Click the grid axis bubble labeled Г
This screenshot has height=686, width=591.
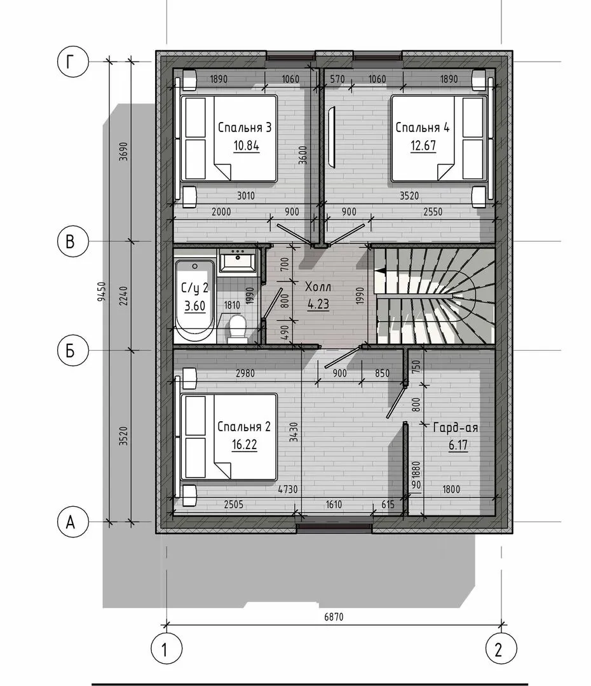click(x=72, y=62)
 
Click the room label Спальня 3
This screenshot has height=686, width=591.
click(x=245, y=127)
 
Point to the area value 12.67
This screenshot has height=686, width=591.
click(x=423, y=145)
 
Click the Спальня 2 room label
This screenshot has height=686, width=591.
click(x=244, y=426)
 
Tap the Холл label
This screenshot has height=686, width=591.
click(x=318, y=287)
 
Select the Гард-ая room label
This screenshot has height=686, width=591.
click(x=455, y=427)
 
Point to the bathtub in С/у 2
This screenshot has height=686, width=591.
click(x=195, y=302)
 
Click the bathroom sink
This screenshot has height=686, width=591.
click(x=237, y=261)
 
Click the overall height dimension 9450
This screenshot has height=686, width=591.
click(x=102, y=292)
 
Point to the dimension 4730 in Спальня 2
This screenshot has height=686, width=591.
click(x=288, y=488)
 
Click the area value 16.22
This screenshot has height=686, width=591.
click(x=244, y=445)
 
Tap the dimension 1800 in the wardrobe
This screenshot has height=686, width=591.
click(x=451, y=488)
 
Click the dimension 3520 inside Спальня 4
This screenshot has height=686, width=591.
click(x=409, y=196)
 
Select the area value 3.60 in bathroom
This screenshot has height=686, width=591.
click(x=194, y=306)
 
